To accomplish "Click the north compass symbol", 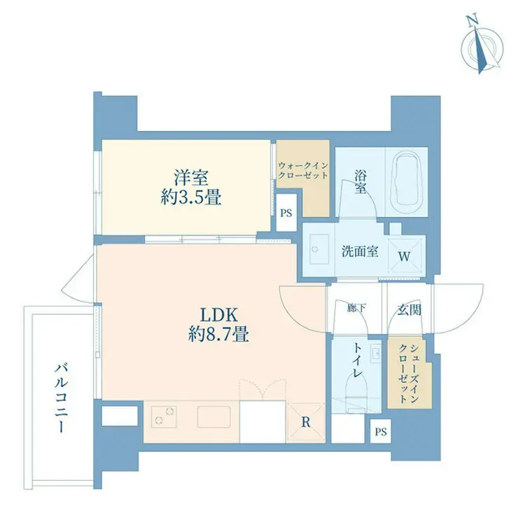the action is [482, 48].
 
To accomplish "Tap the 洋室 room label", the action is [191, 178].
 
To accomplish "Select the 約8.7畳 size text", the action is [218, 335].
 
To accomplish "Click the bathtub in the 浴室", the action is [406, 182].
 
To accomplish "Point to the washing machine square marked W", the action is [405, 255].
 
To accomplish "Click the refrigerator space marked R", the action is [306, 423].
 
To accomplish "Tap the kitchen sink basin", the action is [214, 417].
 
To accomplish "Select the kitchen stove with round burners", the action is [164, 416].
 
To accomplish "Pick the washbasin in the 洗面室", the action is [319, 249].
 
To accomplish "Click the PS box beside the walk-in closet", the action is [286, 213].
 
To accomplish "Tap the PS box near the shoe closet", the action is [381, 431].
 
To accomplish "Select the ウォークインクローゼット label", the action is [303, 171].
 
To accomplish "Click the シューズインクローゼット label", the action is [409, 373].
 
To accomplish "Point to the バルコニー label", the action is [61, 398].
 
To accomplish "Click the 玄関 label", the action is [409, 309].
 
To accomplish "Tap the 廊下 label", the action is [356, 308].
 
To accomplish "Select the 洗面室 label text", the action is [360, 251].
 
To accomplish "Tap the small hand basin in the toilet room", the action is [376, 353].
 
